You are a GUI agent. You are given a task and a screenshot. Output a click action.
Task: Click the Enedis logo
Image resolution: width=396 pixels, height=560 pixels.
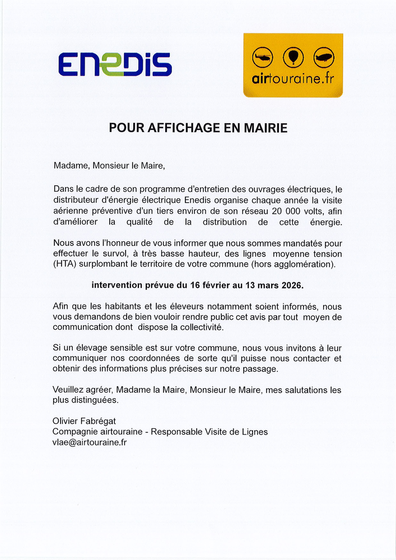pos(115,64)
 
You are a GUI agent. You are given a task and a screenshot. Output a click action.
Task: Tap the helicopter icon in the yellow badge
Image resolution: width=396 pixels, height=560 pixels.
pos(262,57)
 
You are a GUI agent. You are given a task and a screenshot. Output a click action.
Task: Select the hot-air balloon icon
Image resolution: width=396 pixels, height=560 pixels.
pos(293,57)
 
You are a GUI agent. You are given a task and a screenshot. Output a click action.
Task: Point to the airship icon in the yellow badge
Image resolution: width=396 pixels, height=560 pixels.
pos(324,57)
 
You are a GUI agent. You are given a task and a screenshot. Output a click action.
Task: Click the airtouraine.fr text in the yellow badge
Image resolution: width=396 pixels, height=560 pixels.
pos(293,79)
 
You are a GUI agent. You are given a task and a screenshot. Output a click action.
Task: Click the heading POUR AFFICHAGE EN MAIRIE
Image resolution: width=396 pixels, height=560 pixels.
pos(198,128)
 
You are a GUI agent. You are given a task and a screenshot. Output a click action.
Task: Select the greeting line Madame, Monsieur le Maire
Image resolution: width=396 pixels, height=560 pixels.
pos(109,166)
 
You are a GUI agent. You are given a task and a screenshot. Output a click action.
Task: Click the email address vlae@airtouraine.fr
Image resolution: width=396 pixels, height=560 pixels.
pos(90,442)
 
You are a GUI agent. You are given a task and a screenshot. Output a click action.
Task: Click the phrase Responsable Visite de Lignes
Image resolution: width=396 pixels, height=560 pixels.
pos(209,432)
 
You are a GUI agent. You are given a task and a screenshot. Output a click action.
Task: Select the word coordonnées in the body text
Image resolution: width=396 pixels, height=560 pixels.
pos(143,358)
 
